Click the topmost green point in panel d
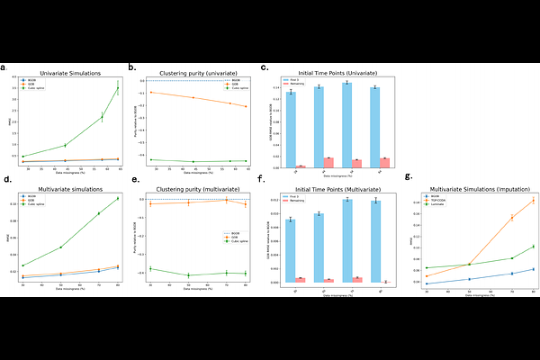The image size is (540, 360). pos(117,199)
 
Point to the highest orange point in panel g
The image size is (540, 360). pos(534,200)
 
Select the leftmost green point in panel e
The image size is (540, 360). pos(150,269)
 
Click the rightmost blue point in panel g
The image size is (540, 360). pos(534,269)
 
